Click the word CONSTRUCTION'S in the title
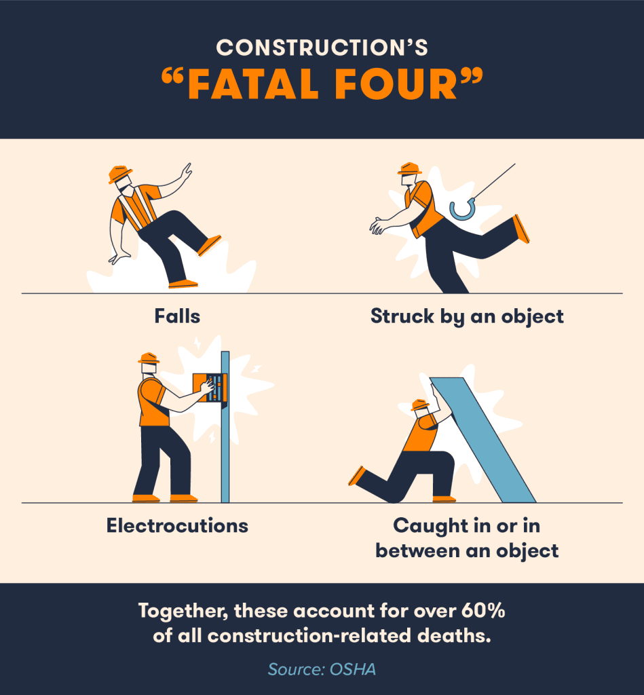(322, 48)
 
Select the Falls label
(177, 316)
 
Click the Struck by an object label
(467, 316)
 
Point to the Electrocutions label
(177, 525)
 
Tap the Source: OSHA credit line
(322, 669)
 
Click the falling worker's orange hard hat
(119, 174)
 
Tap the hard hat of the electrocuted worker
(148, 358)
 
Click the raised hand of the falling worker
(185, 172)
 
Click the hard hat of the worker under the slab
(420, 405)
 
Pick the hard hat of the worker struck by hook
(410, 168)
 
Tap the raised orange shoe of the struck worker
(521, 229)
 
